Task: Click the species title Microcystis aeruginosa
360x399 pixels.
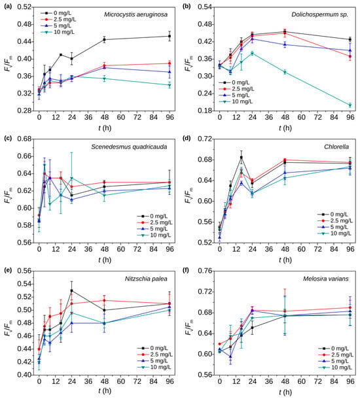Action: [135, 14]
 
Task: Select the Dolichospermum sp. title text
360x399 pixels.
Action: [320, 14]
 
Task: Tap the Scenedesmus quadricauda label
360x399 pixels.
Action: [129, 147]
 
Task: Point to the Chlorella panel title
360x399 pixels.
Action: [336, 147]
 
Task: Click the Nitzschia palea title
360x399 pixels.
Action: [146, 279]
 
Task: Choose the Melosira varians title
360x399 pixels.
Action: [325, 279]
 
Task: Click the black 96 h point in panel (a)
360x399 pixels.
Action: [170, 36]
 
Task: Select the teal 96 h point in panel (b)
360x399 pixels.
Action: [350, 105]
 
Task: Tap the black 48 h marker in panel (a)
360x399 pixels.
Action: [104, 39]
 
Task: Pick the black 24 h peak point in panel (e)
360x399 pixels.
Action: [71, 290]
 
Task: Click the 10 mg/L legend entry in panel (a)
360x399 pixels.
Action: [58, 32]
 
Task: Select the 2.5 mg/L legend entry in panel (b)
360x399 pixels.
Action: [236, 89]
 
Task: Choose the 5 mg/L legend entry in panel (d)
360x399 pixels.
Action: [334, 227]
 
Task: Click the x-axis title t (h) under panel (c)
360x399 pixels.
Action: [105, 260]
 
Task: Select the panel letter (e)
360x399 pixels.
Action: [8, 270]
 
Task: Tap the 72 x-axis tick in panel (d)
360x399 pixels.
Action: [317, 249]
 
